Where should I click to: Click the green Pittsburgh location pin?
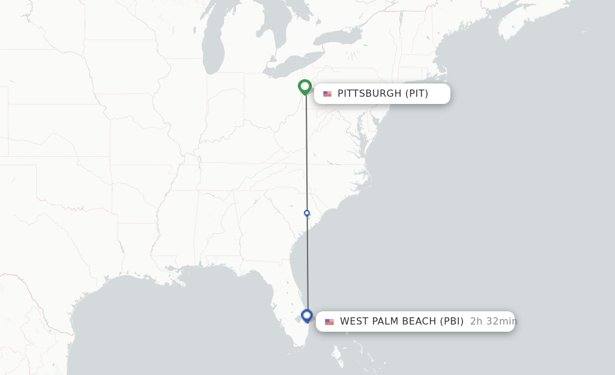[x=305, y=87]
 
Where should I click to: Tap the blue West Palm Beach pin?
[x=307, y=316]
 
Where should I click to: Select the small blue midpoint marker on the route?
[x=307, y=213]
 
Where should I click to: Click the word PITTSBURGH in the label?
[x=369, y=94]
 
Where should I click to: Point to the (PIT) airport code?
[x=417, y=94]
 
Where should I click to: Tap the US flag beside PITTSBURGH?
[x=327, y=94]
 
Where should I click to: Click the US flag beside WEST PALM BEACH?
[x=329, y=322]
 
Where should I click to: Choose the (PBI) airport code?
[x=452, y=322]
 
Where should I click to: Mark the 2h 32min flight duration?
[x=493, y=322]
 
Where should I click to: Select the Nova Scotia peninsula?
[x=529, y=18]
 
